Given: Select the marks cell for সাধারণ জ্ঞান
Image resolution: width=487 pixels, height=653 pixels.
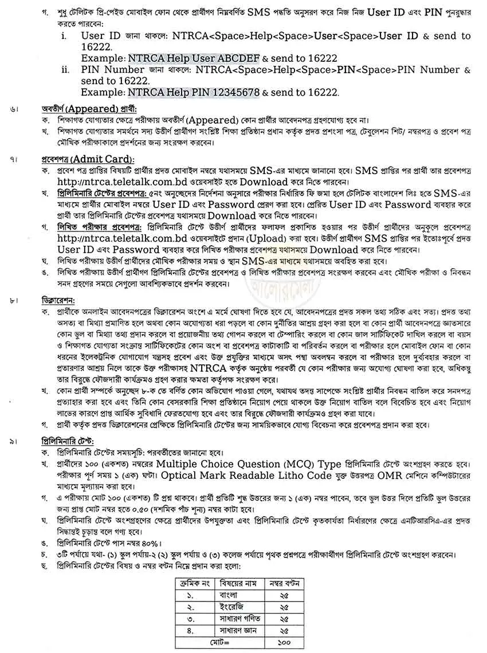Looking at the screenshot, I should click(x=283, y=631).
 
